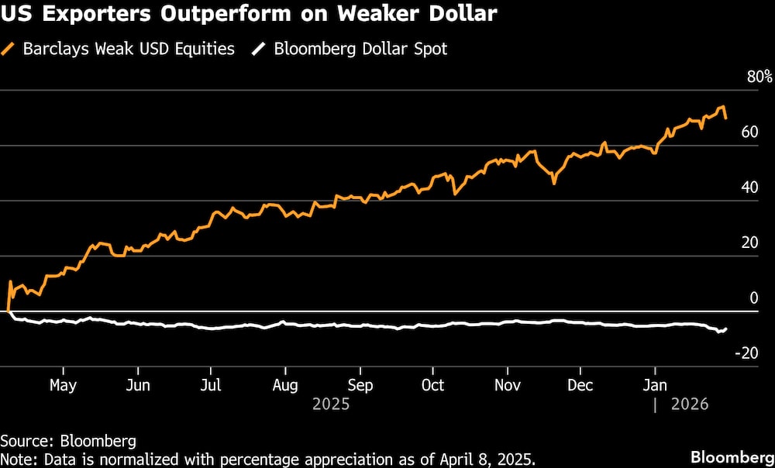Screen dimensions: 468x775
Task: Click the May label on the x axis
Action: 63,385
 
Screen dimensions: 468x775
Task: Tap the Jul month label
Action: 211,385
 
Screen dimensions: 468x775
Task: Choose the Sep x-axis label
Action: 360,385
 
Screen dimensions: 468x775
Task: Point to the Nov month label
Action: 507,385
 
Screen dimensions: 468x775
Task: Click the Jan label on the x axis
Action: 656,385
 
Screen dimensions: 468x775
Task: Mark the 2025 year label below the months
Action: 330,404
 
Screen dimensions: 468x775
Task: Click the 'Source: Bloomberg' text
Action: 68,441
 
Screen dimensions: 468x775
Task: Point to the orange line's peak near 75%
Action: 722,107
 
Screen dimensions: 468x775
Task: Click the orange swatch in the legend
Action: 10,49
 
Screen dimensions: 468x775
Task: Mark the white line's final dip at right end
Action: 720,332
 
